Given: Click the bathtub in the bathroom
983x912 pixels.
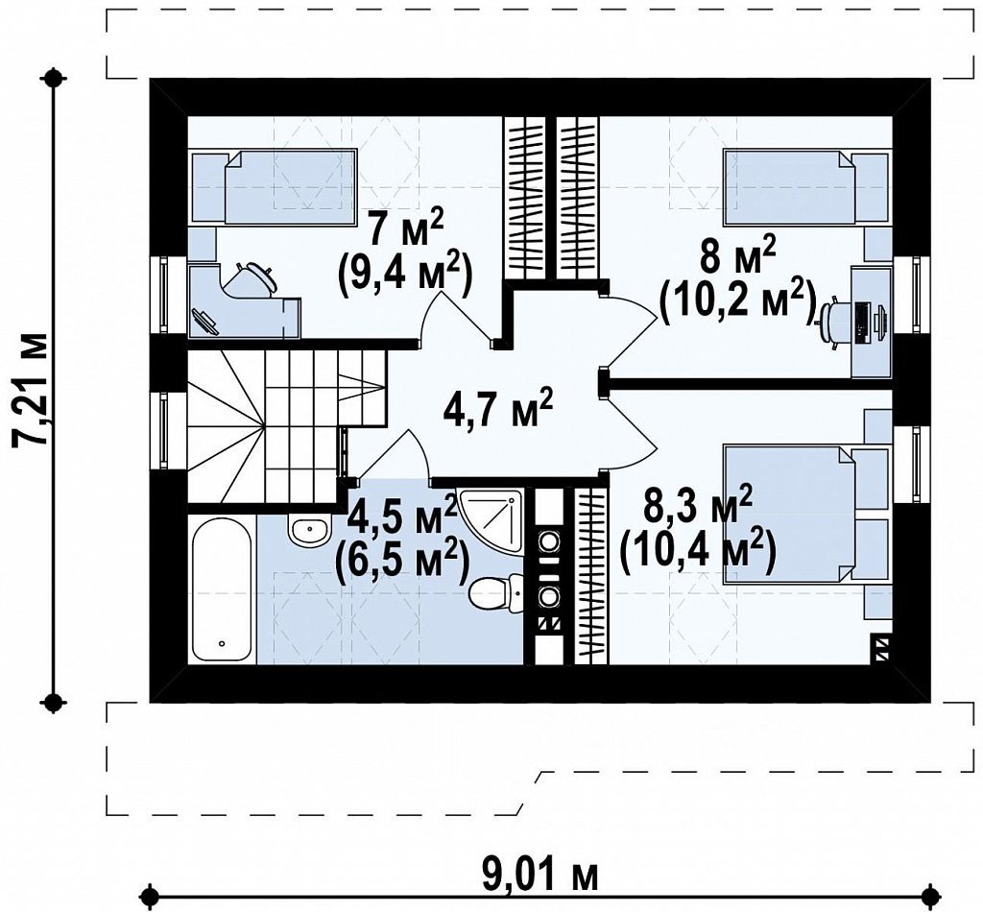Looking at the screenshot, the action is pyautogui.click(x=222, y=589).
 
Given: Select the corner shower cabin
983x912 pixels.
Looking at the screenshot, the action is pyautogui.click(x=491, y=523).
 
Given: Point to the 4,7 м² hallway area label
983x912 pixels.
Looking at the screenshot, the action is pyautogui.click(x=497, y=406).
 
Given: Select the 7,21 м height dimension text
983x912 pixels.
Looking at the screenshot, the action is pyautogui.click(x=30, y=389).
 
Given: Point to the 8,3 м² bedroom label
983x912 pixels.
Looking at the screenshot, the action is pyautogui.click(x=698, y=505).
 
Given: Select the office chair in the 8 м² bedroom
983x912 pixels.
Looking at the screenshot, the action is pyautogui.click(x=834, y=322).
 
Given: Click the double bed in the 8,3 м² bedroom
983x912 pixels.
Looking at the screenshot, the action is pyautogui.click(x=806, y=514).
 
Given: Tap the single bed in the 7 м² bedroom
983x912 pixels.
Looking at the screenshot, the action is pyautogui.click(x=274, y=185).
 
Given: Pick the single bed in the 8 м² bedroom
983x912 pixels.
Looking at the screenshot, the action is pyautogui.click(x=806, y=185).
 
